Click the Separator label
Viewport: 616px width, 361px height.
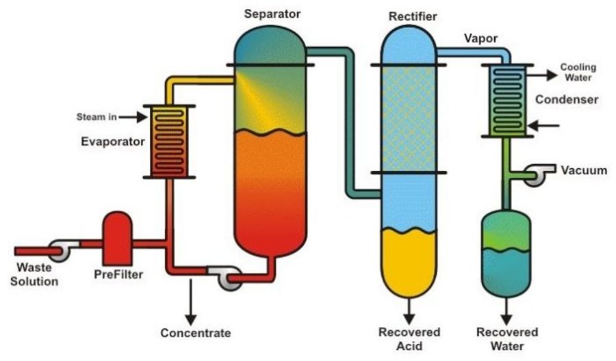click(272, 13)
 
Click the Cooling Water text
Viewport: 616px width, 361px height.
click(578, 72)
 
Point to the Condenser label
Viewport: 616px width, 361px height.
click(567, 100)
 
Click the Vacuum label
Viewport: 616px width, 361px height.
click(584, 170)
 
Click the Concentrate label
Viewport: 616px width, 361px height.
click(195, 333)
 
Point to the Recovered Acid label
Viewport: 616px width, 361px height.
click(409, 338)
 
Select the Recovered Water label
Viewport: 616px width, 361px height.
click(507, 338)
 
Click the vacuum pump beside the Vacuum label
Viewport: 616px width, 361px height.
click(540, 175)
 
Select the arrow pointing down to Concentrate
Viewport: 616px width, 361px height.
click(191, 300)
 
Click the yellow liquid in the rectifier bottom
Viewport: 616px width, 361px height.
click(409, 263)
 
